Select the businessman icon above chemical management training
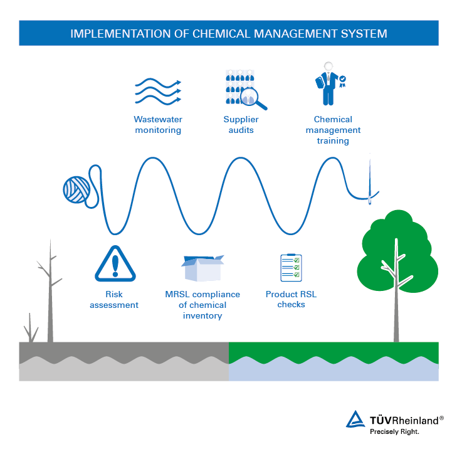328,85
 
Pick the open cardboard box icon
202,268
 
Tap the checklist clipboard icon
290,268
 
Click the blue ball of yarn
76,189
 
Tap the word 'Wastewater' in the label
158,119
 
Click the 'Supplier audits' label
241,125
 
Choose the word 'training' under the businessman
333,141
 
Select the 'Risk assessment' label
114,299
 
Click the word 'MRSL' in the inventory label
178,294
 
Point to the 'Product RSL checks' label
291,299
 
